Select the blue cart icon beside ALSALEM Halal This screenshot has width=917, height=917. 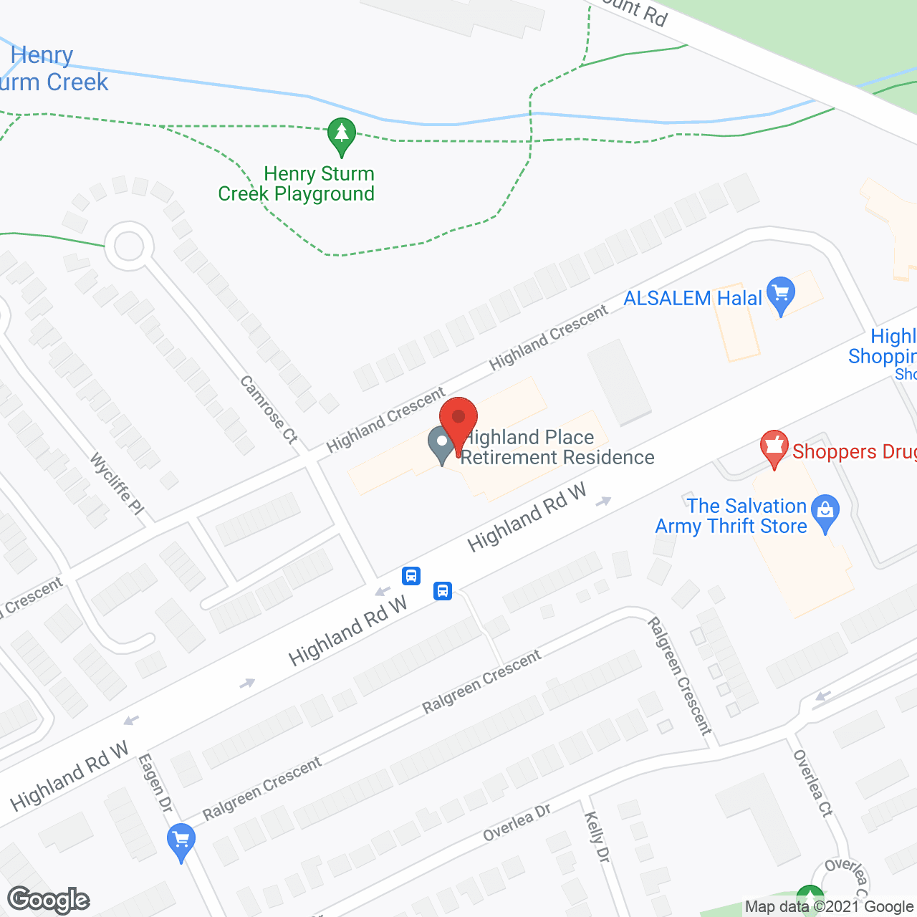click(781, 294)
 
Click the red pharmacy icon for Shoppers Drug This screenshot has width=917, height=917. click(774, 447)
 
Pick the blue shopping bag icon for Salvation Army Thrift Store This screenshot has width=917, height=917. click(826, 512)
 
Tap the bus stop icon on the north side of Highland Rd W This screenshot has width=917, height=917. click(411, 575)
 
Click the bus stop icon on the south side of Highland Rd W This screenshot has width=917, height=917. click(443, 591)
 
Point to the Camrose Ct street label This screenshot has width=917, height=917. click(269, 410)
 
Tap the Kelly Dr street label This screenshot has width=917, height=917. click(597, 837)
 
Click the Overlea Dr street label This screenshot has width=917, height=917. click(517, 822)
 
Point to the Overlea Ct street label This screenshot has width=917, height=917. click(814, 784)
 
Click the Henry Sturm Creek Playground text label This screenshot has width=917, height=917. click(297, 184)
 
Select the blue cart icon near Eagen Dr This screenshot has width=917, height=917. click(181, 840)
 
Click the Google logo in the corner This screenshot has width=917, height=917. click(49, 900)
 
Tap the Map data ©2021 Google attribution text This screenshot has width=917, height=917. click(829, 907)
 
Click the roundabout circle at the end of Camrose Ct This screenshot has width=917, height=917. click(129, 246)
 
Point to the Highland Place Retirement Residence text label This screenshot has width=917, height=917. click(557, 448)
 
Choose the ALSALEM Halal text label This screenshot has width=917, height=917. click(693, 298)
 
